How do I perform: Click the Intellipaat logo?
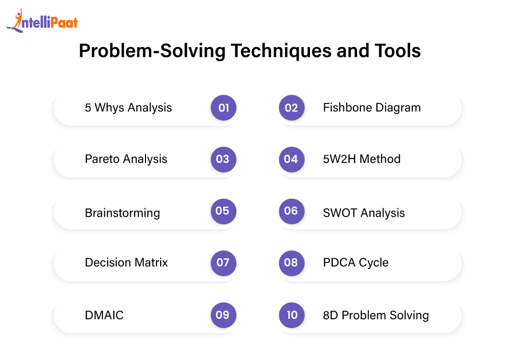pos(42,21)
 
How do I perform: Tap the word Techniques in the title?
pos(281,51)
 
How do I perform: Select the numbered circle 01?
pos(223,108)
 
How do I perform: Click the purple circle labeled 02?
pos(292,108)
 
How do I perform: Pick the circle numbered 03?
pos(223,159)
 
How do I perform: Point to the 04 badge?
pos(292,159)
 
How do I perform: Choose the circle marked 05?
pos(223,211)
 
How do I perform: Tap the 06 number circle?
pos(292,211)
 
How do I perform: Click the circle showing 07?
pos(223,263)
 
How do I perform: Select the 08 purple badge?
pos(292,263)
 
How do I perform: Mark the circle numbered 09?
pos(223,315)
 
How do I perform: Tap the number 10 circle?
pos(292,315)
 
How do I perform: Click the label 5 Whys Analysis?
pos(128,108)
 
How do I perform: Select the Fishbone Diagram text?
pos(372,108)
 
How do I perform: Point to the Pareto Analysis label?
pos(126,159)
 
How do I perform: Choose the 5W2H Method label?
pos(361,159)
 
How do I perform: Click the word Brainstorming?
pos(122,213)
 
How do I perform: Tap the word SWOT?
pos(340,213)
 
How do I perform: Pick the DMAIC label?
pos(104,315)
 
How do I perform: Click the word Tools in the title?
pos(398,51)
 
